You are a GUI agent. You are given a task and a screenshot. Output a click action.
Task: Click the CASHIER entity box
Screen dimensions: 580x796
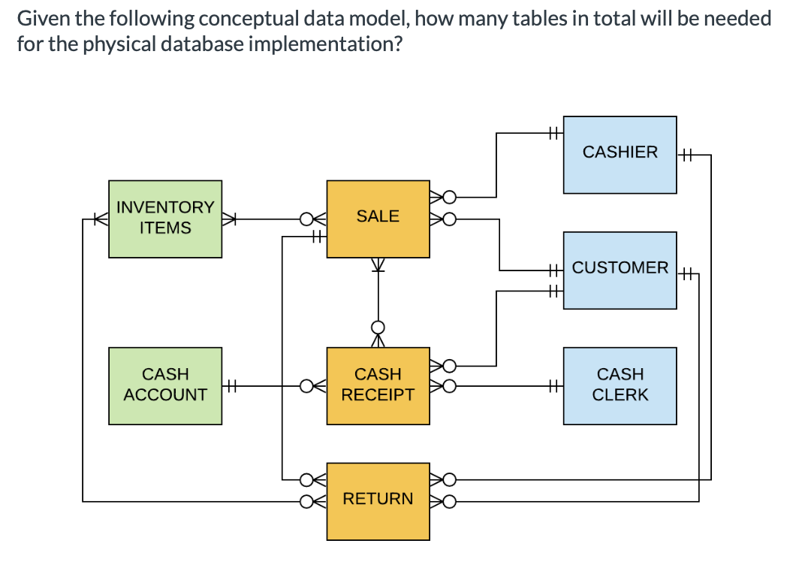point(620,153)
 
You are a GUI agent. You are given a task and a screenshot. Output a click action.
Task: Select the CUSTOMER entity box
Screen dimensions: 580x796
point(620,270)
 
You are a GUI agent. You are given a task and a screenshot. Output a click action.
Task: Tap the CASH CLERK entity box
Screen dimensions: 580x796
point(620,385)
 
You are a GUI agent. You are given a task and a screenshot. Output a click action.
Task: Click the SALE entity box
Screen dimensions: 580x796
point(378,218)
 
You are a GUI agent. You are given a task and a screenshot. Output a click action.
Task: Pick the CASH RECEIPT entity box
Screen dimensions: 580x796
point(378,385)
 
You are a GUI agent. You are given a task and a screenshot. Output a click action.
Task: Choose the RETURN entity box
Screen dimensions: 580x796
point(378,500)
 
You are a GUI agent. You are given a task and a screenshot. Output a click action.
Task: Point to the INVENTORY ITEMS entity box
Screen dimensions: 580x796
point(165,219)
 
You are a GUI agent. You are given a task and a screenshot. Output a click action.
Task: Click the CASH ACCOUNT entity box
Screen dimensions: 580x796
point(165,385)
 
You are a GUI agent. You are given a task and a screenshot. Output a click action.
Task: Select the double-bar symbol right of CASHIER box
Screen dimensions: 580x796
point(686,156)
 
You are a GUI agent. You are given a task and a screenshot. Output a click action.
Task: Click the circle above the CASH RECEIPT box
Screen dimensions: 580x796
point(378,327)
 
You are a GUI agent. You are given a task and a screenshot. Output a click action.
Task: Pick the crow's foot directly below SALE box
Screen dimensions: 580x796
point(378,265)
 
